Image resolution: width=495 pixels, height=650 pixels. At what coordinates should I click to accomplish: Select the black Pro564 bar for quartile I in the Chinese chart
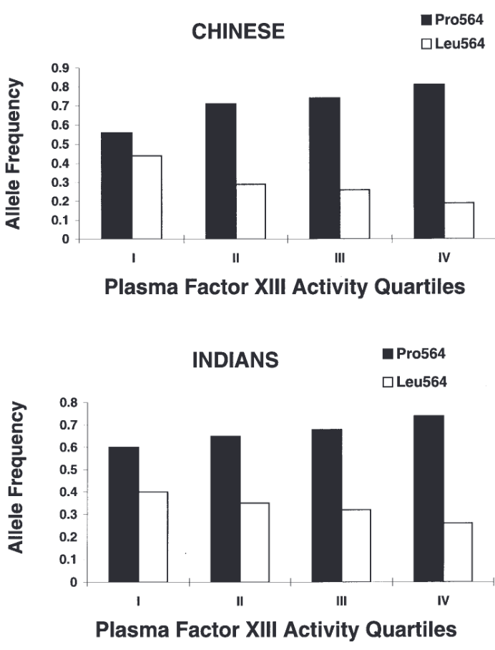(117, 186)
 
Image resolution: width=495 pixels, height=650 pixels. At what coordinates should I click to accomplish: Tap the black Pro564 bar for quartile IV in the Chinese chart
(429, 162)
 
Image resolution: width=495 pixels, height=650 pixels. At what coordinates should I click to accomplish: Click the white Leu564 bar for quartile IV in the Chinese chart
(459, 221)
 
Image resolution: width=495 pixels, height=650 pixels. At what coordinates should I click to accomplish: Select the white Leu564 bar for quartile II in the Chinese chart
(250, 212)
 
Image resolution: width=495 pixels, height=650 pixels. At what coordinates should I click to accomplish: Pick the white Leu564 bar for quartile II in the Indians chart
(255, 543)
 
